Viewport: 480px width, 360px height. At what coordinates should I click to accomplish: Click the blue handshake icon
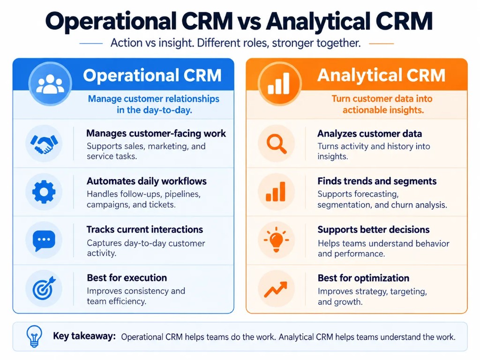(44, 144)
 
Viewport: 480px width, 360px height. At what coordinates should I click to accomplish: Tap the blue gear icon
(44, 192)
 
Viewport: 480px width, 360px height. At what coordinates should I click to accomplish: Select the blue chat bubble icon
(44, 240)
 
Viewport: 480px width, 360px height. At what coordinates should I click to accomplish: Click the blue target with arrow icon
(44, 288)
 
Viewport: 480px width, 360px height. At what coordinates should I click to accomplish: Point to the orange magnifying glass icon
(277, 143)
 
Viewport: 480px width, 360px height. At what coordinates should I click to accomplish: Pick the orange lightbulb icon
(276, 240)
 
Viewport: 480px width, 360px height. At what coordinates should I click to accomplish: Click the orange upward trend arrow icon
(276, 289)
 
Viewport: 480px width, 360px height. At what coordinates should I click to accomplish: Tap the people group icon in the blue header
(50, 84)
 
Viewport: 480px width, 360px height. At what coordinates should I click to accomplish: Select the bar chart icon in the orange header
(278, 83)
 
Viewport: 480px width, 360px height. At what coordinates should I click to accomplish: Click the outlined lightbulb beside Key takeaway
(34, 336)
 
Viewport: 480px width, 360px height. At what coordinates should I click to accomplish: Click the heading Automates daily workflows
(147, 181)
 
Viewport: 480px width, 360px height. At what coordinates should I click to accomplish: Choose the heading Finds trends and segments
(377, 181)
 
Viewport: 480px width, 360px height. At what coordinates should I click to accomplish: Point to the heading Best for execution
(127, 277)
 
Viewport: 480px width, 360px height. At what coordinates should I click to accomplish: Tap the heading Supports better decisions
(374, 230)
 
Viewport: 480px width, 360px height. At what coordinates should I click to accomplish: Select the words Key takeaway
(84, 336)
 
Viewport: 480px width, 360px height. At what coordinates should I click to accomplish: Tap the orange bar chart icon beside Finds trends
(276, 192)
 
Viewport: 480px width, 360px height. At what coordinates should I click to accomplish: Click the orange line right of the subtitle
(382, 44)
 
